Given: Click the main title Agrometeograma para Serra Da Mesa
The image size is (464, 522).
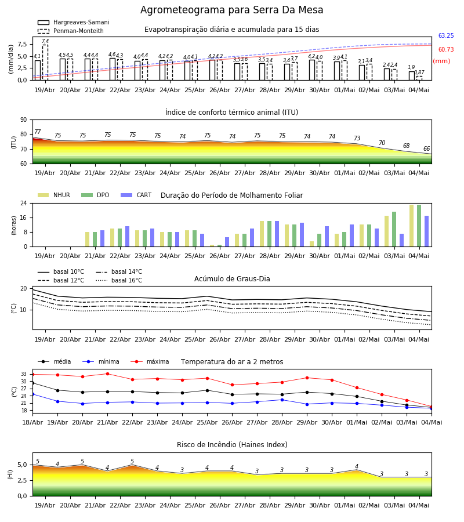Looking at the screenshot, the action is [x=231, y=10].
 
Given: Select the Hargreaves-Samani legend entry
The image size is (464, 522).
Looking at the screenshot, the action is [x=74, y=22].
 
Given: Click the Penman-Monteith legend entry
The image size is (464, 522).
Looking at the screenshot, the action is [x=71, y=31].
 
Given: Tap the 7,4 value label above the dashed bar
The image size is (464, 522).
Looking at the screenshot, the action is [x=45, y=41].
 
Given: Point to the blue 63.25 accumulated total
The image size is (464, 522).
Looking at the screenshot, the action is [x=446, y=35].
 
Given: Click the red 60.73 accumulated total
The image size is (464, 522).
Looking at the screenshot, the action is [x=446, y=50].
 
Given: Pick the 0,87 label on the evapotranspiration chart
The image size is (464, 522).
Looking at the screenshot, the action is [x=419, y=72].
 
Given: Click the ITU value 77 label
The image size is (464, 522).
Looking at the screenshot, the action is [x=38, y=132].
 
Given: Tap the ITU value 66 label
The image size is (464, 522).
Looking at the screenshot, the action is [x=426, y=148].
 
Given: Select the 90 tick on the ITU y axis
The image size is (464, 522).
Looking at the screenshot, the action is [x=24, y=120].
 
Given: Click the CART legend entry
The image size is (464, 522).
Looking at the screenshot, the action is [x=136, y=195].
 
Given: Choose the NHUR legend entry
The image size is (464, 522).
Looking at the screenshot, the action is [x=54, y=195].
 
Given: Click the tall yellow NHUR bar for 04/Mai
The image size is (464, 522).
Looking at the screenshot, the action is [x=411, y=226].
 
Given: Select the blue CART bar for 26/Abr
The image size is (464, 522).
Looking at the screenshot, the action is [x=227, y=242].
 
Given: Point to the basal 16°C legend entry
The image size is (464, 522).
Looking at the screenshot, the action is [x=119, y=280].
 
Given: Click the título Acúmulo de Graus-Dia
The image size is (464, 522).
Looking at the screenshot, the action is [x=232, y=279].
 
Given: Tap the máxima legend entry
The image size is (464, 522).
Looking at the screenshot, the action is [x=150, y=361].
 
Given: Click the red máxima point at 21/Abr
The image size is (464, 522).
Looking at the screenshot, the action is [x=107, y=374].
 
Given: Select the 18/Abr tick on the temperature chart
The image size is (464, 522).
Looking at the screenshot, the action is [x=32, y=422].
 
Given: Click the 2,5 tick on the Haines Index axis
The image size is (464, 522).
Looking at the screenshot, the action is [x=22, y=481].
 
